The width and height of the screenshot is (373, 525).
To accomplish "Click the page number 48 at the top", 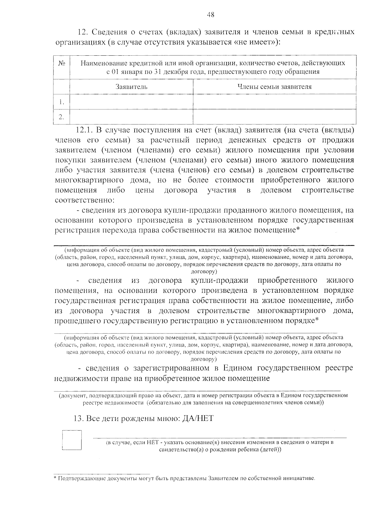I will coord(210,15).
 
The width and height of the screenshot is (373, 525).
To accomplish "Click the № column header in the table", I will coord(62,63).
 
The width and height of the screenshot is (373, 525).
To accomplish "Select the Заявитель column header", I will coord(131,87).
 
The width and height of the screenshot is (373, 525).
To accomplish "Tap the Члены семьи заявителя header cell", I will coord(274,87).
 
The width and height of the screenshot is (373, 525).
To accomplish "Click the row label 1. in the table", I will coord(62,102).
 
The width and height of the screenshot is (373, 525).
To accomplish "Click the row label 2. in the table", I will coord(62,117).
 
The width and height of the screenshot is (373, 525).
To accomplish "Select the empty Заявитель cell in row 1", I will coord(131,102).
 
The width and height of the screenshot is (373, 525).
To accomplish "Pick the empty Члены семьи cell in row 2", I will coord(274,117).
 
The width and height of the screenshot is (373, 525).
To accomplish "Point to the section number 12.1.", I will coord(84,130).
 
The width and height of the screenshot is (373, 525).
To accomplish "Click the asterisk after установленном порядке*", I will coord(317,320).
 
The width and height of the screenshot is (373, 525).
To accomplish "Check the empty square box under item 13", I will coord(72,440).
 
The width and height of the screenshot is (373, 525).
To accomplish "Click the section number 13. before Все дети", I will coord(79,418).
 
